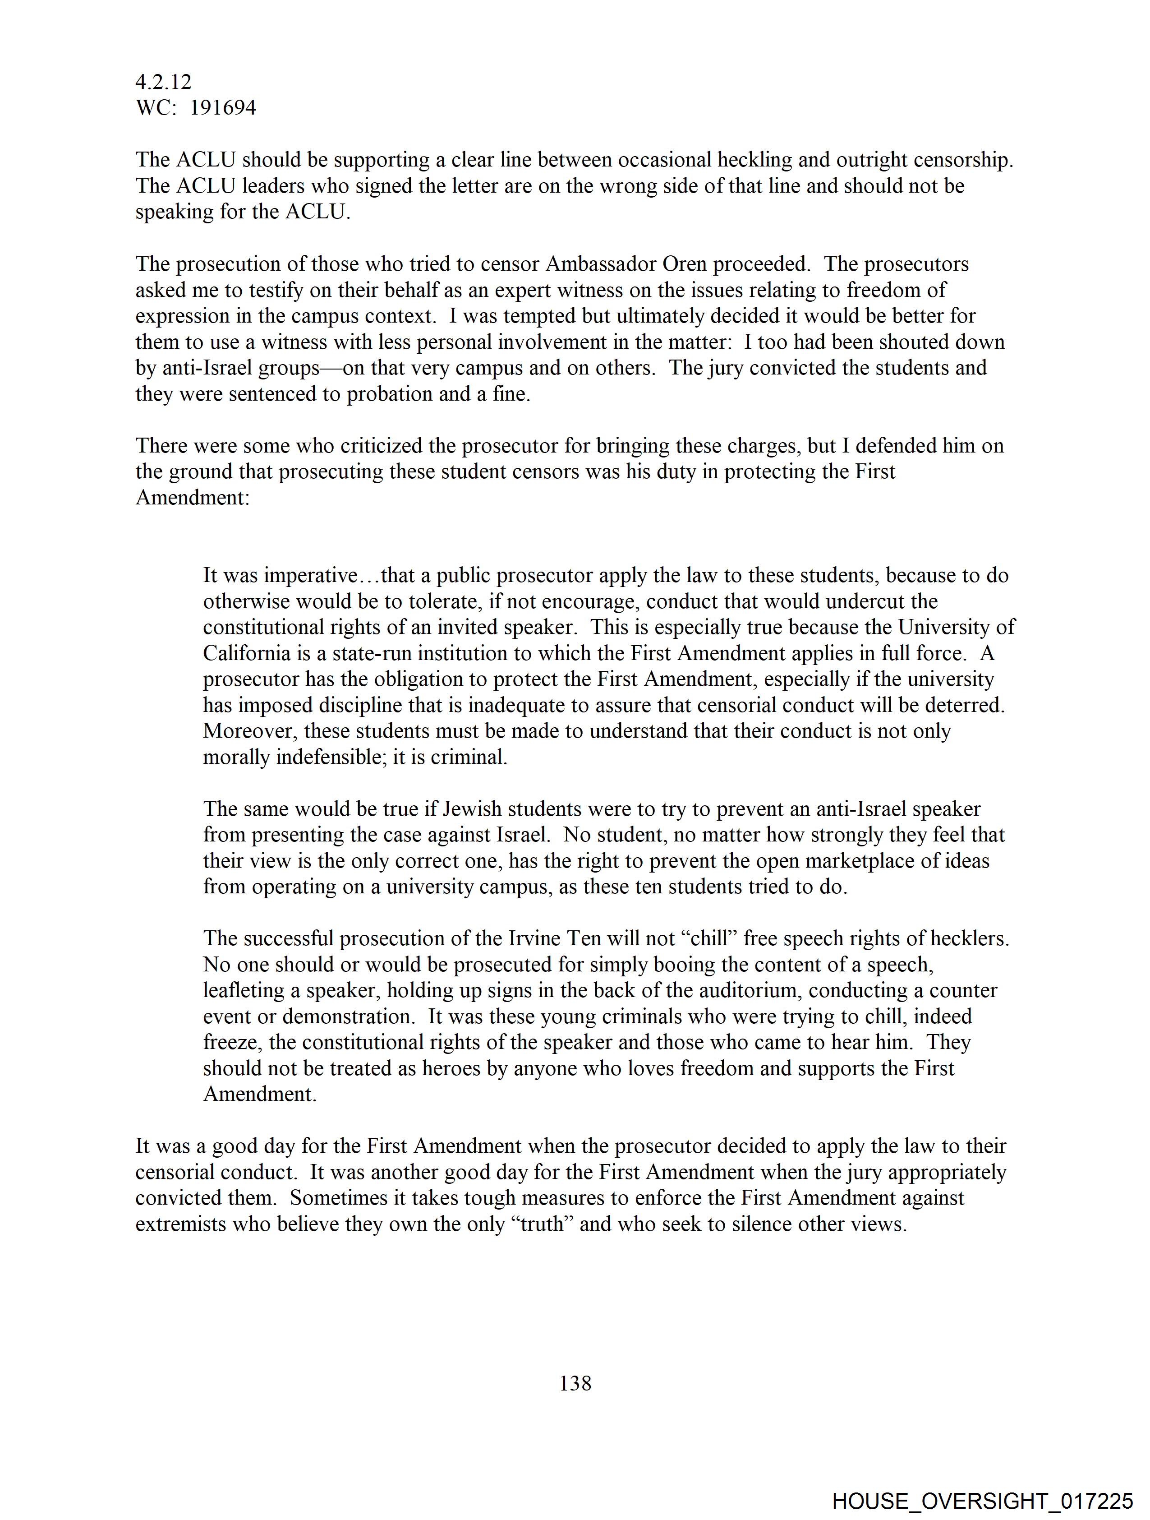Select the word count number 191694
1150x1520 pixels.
(x=223, y=108)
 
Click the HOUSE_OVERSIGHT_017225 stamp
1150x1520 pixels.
(x=982, y=1501)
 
